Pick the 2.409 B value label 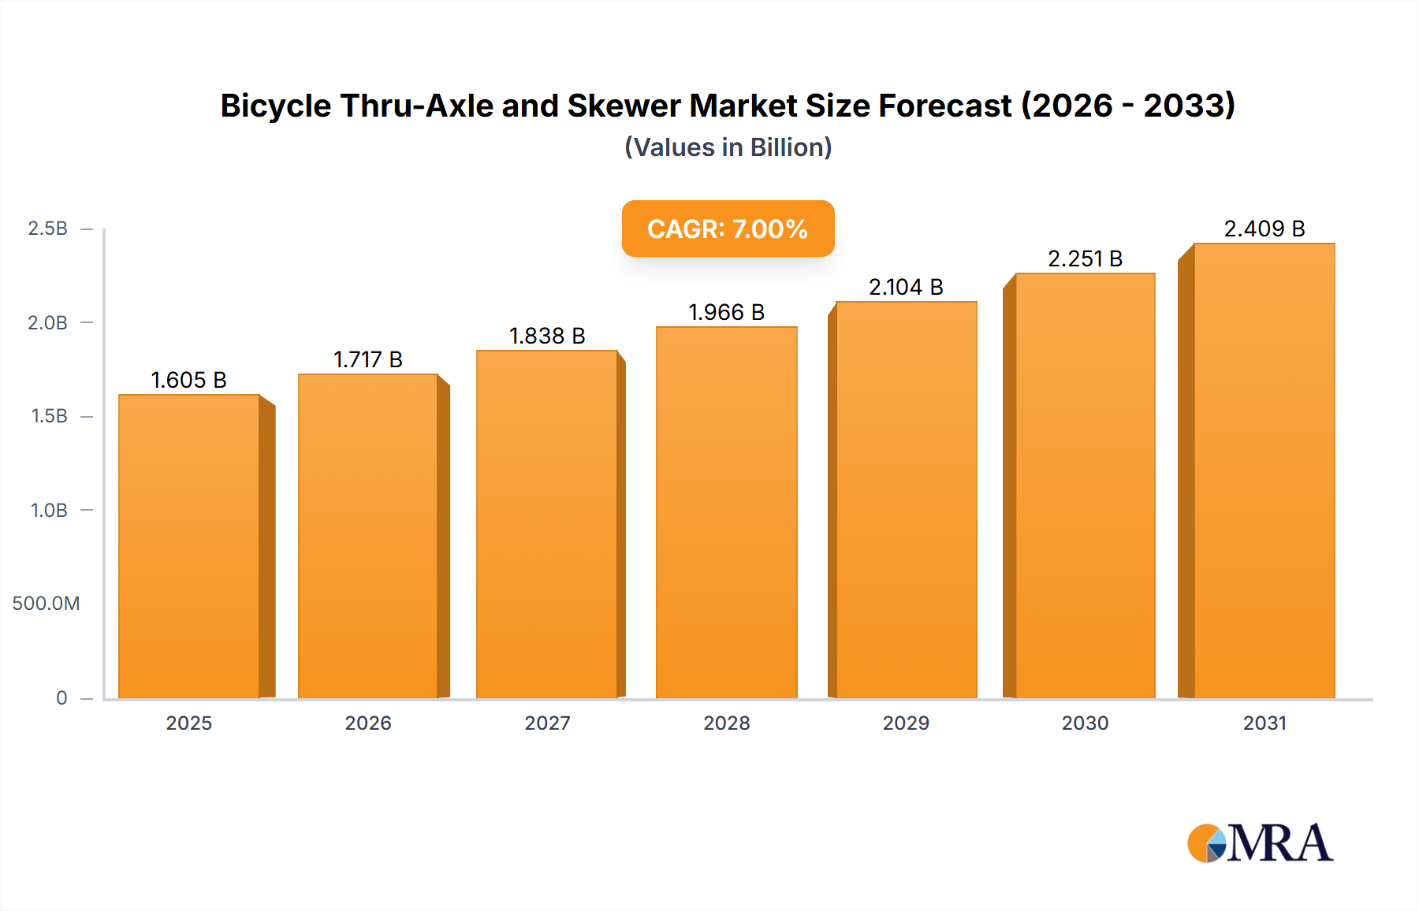[x=1264, y=229]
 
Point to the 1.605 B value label [x=189, y=380]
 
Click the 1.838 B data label [x=547, y=336]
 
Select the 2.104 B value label [x=906, y=287]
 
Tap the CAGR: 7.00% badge [x=728, y=229]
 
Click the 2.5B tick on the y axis [x=48, y=229]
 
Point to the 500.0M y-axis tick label [x=46, y=604]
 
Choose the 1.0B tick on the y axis [x=49, y=511]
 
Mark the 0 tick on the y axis [x=61, y=698]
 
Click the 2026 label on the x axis [x=368, y=723]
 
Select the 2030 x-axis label [x=1085, y=723]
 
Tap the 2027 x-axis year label [x=547, y=723]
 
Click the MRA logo [x=1260, y=843]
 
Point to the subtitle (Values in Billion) [x=728, y=147]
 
